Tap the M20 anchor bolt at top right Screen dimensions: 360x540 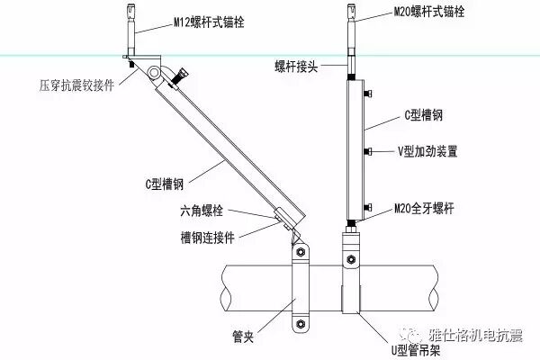(351, 31)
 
